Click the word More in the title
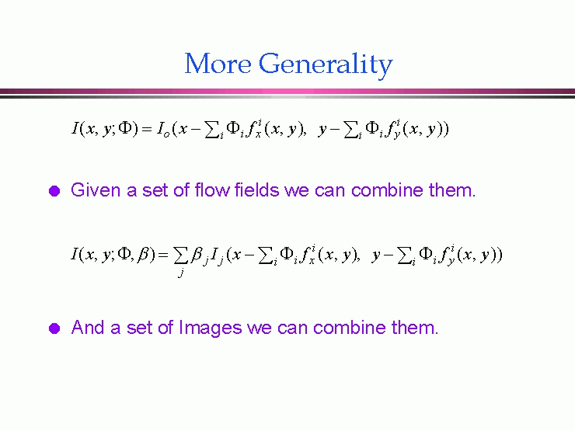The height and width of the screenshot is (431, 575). pyautogui.click(x=218, y=64)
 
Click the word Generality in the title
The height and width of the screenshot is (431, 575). pyautogui.click(x=326, y=65)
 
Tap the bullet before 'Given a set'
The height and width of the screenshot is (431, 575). pyautogui.click(x=54, y=191)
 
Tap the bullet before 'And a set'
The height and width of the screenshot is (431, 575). pyautogui.click(x=54, y=328)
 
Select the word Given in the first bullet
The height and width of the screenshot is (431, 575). pyautogui.click(x=96, y=190)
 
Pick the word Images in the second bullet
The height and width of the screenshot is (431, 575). pyautogui.click(x=210, y=328)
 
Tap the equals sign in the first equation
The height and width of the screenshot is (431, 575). pyautogui.click(x=146, y=129)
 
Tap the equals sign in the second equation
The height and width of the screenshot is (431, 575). pyautogui.click(x=163, y=255)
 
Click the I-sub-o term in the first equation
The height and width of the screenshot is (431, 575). pyautogui.click(x=163, y=129)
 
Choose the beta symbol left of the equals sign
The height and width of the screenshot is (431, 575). pyautogui.click(x=143, y=255)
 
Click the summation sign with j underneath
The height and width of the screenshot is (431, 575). pyautogui.click(x=180, y=255)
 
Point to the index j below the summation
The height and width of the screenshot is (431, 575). pyautogui.click(x=180, y=273)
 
